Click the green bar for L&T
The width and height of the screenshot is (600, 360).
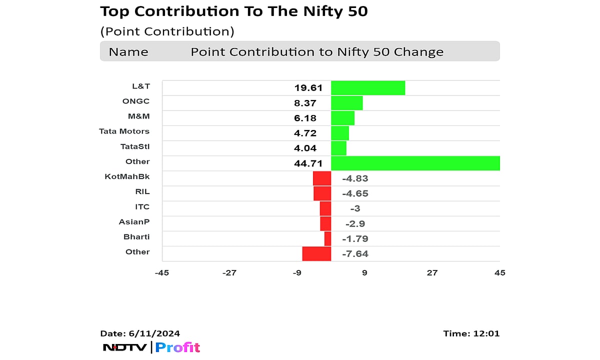[x=368, y=88]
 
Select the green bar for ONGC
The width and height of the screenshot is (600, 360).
[x=346, y=103]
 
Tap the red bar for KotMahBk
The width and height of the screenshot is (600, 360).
[x=322, y=178]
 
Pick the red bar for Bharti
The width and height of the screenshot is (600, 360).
[x=327, y=238]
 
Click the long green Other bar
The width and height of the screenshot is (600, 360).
[x=415, y=163]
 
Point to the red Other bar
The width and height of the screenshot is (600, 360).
[x=316, y=253]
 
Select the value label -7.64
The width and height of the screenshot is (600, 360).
[x=355, y=254]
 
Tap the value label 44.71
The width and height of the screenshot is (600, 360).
[x=308, y=163]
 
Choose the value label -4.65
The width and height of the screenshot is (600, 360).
[x=355, y=193]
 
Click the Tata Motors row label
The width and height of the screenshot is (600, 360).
[x=124, y=131]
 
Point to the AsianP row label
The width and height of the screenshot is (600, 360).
[x=134, y=221]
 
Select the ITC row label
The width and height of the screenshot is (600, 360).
[x=141, y=206]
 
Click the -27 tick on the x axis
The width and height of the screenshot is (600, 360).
[x=229, y=272]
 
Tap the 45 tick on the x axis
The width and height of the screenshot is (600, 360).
[x=499, y=272]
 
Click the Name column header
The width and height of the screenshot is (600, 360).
[x=128, y=52]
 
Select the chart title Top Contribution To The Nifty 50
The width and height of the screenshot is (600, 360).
[x=234, y=11]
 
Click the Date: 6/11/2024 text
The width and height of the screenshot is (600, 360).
[x=140, y=333]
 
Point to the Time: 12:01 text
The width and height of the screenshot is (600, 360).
[x=471, y=333]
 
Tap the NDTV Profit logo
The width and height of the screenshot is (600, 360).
[x=151, y=347]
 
